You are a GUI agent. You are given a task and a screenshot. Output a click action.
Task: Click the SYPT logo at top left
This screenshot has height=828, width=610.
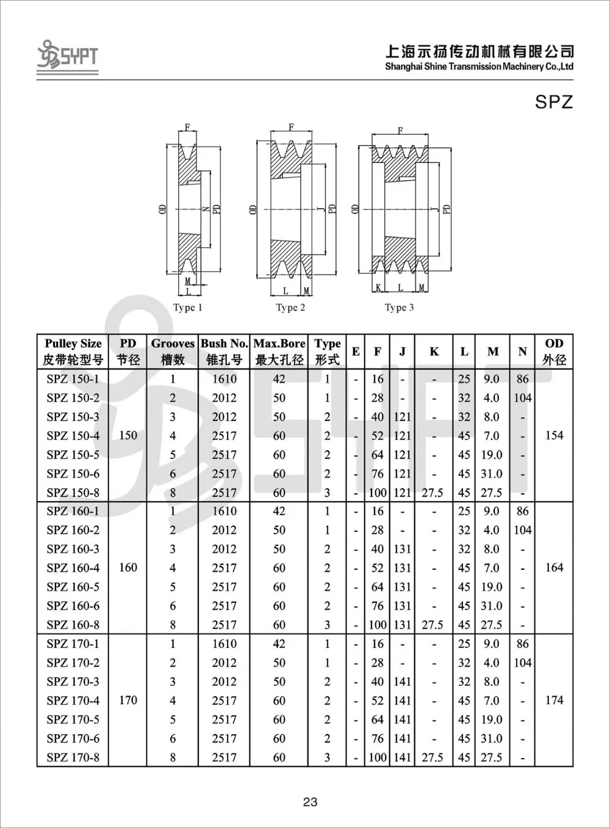point(67,56)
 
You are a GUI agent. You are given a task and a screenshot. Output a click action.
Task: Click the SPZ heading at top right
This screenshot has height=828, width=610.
point(554,101)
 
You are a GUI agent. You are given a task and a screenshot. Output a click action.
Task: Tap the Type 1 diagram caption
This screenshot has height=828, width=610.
point(187,308)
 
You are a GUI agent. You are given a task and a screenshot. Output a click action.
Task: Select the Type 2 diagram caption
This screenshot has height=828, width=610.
point(290,308)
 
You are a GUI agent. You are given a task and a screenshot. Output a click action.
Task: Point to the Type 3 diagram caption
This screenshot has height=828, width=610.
point(399,308)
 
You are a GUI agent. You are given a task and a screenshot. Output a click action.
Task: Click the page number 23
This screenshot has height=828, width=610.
point(310,802)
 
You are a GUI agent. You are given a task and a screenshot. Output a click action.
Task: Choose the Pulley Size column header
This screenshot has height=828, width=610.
point(73,351)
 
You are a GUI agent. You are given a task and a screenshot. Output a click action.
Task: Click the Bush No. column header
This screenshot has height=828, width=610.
point(224,351)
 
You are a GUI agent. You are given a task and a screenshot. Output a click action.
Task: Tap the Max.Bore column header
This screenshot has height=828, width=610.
point(279,351)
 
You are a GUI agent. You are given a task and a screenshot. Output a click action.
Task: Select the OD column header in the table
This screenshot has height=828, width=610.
point(554,351)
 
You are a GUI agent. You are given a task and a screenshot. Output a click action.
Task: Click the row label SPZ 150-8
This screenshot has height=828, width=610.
point(73,492)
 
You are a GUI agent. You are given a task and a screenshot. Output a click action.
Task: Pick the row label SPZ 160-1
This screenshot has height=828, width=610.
point(73,511)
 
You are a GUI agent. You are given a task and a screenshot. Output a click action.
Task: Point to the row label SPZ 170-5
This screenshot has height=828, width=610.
point(73,719)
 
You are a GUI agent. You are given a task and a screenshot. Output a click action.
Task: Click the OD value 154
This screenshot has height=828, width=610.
point(554,436)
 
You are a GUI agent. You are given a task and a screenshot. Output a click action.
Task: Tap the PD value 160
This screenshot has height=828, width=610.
point(128,568)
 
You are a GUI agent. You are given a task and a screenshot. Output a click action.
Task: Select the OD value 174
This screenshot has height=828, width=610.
point(554,700)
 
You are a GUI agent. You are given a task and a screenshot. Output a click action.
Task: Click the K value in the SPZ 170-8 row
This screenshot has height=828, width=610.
point(432,757)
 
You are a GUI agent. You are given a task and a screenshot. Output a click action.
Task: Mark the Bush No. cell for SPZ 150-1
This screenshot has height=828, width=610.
point(224,379)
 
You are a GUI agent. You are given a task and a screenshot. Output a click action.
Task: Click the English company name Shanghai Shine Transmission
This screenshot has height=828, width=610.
point(479,67)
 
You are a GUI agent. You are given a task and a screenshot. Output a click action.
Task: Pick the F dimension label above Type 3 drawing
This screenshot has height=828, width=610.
point(400,131)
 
